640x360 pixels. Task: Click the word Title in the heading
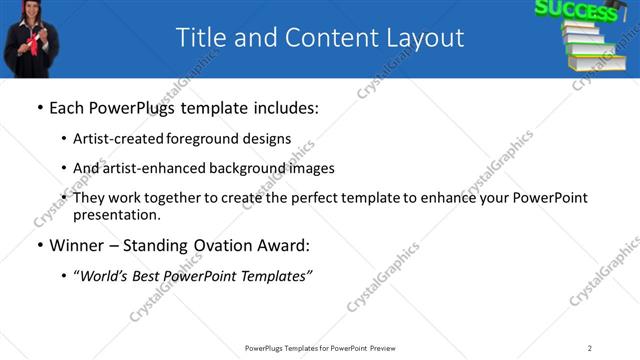tap(200, 38)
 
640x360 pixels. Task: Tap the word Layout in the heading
tap(423, 38)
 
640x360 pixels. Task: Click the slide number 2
tap(590, 348)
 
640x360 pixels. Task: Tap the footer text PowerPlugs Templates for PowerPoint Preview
tap(320, 348)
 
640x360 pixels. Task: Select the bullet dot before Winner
tap(39, 245)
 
